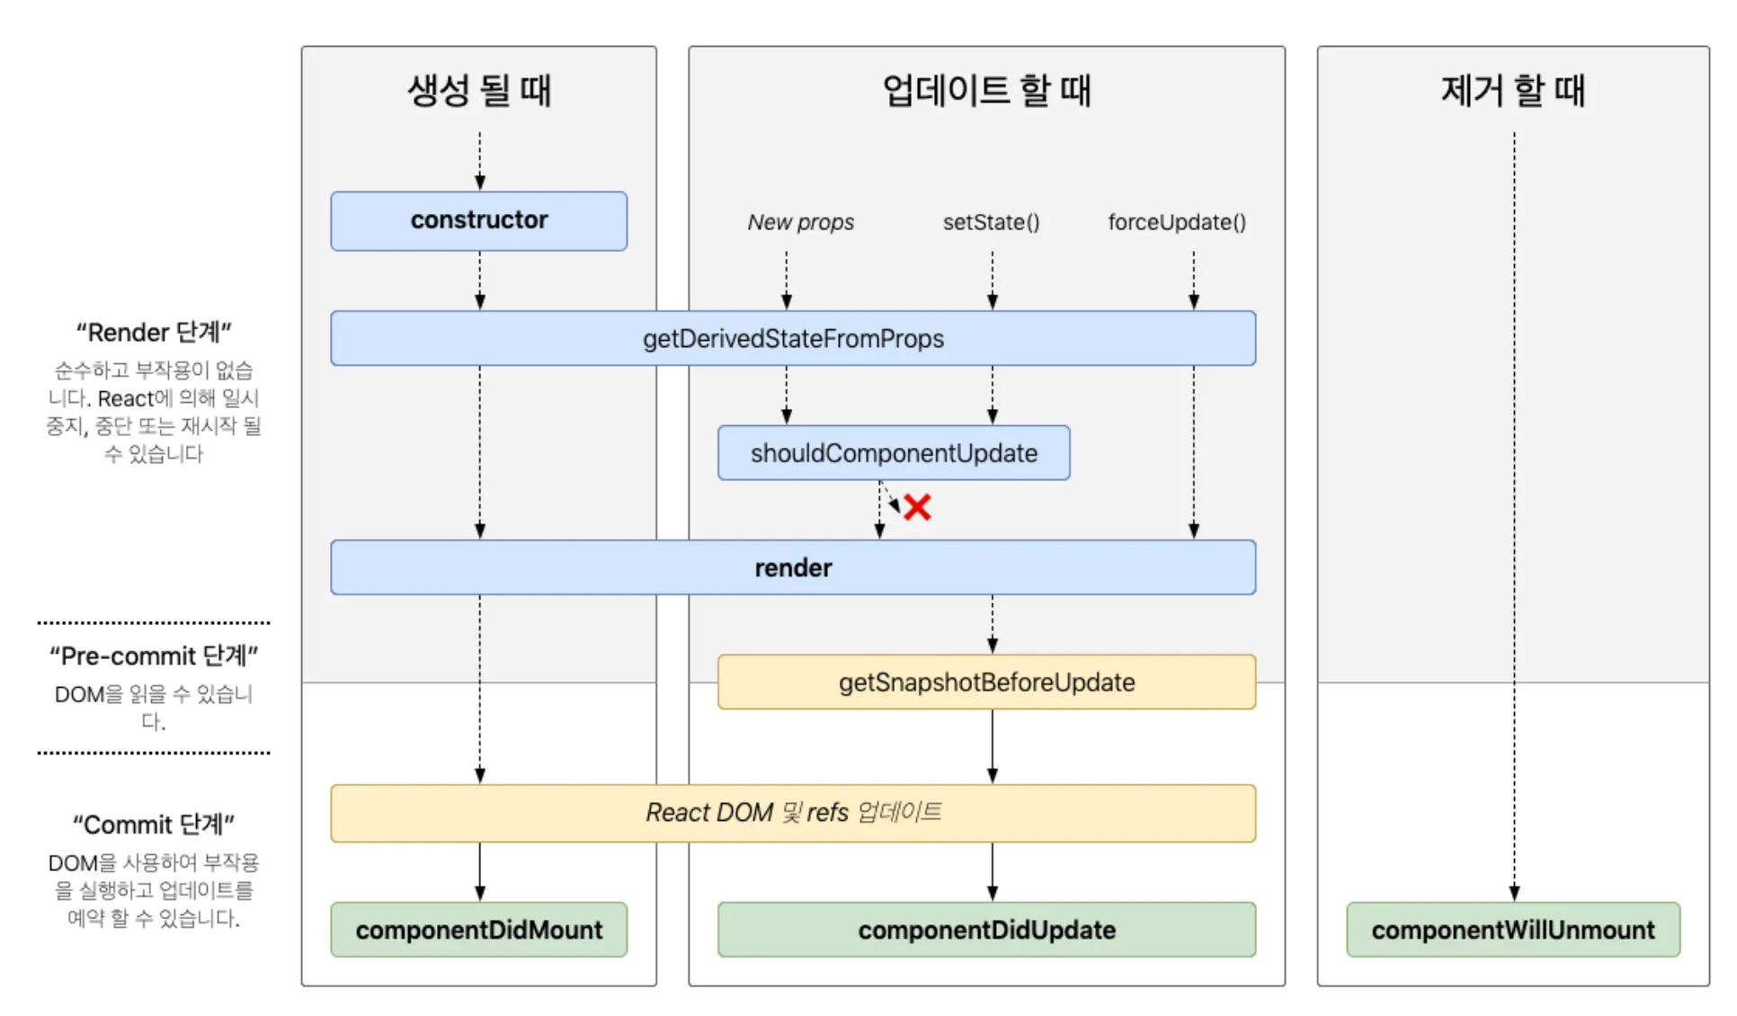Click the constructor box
pyautogui.click(x=478, y=220)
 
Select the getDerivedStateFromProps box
pyautogui.click(x=792, y=338)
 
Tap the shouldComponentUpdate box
pyautogui.click(x=893, y=452)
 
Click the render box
pyautogui.click(x=792, y=567)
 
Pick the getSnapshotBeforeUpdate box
pyautogui.click(x=985, y=682)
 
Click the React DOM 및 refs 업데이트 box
pyautogui.click(x=792, y=813)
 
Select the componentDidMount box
pyautogui.click(x=478, y=930)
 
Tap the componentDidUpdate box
pyautogui.click(x=985, y=930)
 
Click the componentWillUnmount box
pyautogui.click(x=1512, y=930)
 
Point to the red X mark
pyautogui.click(x=916, y=507)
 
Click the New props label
pyautogui.click(x=800, y=222)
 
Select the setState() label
pyautogui.click(x=991, y=222)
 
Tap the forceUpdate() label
pyautogui.click(x=1176, y=222)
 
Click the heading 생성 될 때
pyautogui.click(x=478, y=90)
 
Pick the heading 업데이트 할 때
pyautogui.click(x=985, y=90)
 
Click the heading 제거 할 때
pyautogui.click(x=1512, y=90)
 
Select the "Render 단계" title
pyautogui.click(x=154, y=333)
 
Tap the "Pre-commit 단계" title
pyautogui.click(x=154, y=655)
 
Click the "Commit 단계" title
pyautogui.click(x=154, y=824)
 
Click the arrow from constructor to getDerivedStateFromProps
pyautogui.click(x=479, y=281)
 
